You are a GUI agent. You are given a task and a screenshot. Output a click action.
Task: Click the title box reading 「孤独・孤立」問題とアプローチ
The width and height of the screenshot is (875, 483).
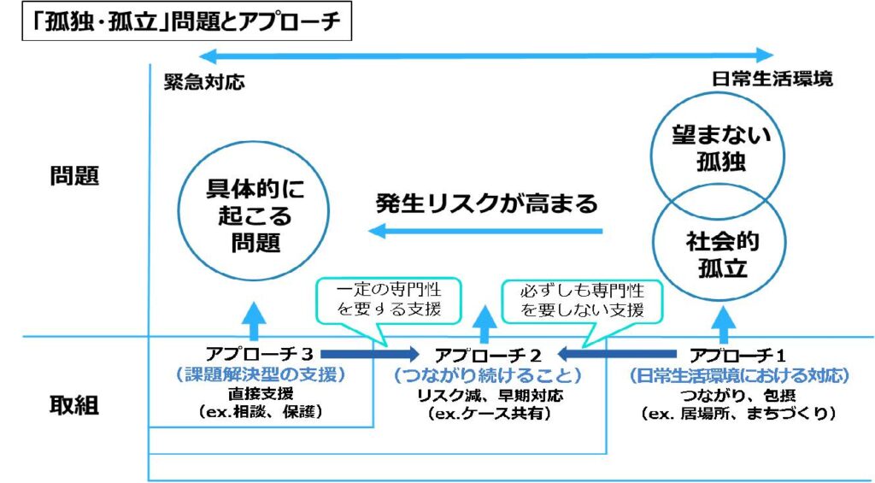179,23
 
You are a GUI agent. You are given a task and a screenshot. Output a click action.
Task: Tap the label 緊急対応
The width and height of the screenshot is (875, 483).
204,81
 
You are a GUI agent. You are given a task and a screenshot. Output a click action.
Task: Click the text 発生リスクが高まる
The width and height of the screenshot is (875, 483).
487,204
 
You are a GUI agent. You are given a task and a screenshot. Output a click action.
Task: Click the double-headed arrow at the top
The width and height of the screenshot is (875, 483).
479,56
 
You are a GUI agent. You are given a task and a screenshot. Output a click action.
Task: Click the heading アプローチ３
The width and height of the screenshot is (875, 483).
261,354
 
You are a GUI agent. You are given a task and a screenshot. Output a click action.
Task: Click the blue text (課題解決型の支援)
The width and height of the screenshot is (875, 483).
261,374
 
